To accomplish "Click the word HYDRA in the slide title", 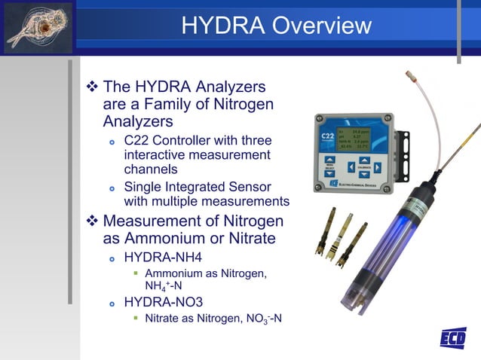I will coord(219,26).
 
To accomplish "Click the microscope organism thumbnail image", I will coord(38,27).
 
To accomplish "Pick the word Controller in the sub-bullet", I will coord(189,141).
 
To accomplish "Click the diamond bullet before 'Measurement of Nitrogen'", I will coord(93,221).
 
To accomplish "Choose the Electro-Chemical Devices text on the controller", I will coord(360,184).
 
